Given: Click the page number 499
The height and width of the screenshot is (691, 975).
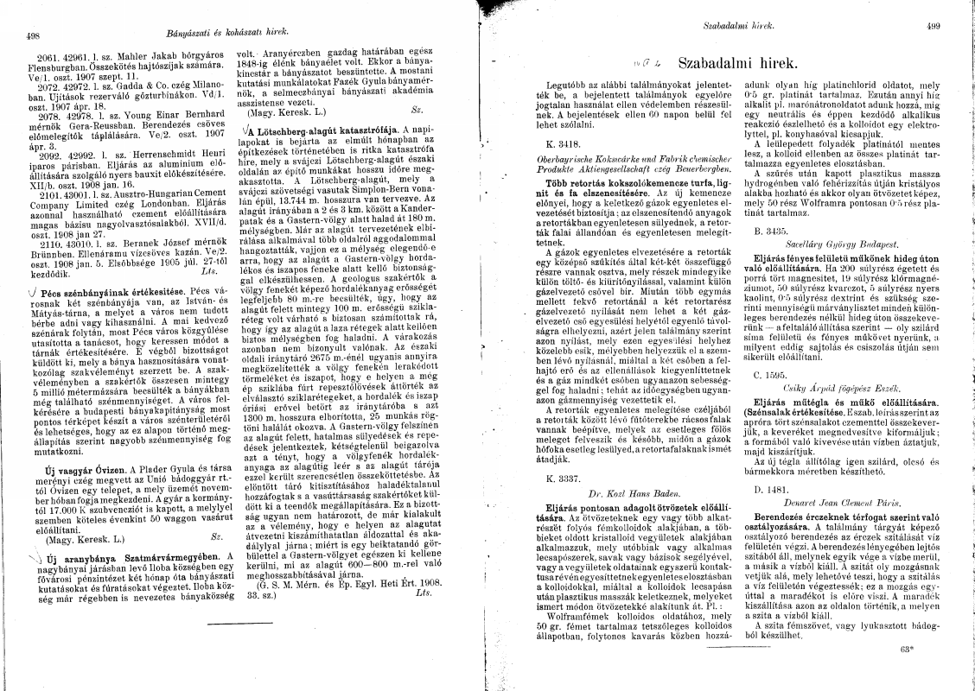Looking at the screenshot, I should pyautogui.click(x=933, y=27).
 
